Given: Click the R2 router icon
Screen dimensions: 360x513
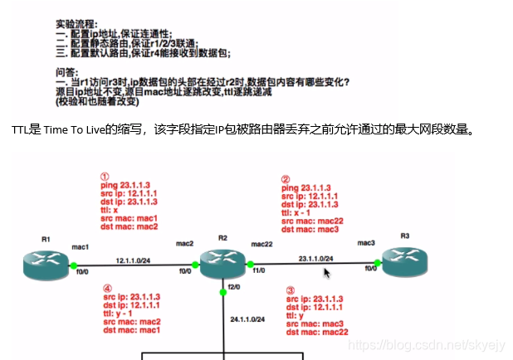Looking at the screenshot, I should (x=222, y=265).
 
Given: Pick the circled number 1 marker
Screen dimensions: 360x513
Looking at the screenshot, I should (x=105, y=177).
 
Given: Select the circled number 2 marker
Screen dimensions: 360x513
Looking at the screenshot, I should (x=286, y=178).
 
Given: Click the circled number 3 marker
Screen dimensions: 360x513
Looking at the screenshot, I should (x=290, y=290).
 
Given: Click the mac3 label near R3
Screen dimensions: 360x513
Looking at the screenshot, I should (x=366, y=243).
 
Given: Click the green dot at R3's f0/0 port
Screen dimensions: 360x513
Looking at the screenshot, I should (x=377, y=264).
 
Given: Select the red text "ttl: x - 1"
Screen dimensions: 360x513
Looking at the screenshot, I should (x=301, y=212).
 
